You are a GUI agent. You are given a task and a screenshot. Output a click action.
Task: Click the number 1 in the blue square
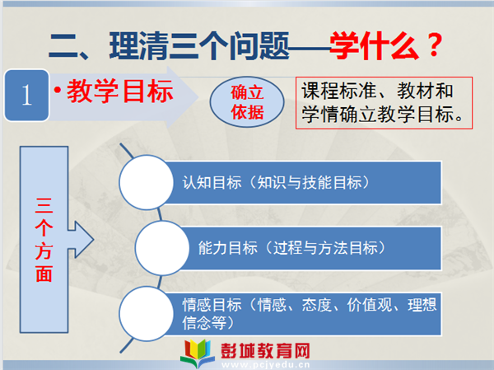(x=27, y=95)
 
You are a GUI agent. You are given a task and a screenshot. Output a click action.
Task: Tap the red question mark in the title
(x=434, y=45)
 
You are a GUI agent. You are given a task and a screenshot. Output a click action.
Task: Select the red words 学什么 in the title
(x=375, y=45)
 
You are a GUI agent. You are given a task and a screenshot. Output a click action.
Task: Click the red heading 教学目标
(x=120, y=91)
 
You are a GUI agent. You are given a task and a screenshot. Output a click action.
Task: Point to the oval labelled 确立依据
(x=247, y=101)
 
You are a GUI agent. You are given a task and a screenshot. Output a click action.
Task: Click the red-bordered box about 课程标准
(x=384, y=103)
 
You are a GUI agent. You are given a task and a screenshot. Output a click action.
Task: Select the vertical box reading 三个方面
(x=44, y=240)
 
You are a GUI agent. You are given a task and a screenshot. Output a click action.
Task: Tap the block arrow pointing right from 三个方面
(x=81, y=240)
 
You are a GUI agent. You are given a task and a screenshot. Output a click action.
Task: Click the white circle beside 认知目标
(x=147, y=182)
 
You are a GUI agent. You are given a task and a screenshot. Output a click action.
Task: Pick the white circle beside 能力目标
(x=162, y=248)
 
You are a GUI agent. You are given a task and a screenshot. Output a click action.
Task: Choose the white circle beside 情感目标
(x=147, y=313)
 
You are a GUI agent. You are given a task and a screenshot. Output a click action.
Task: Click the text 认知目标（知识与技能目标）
(x=276, y=183)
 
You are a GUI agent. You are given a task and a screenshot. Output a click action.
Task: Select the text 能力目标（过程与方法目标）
(x=291, y=248)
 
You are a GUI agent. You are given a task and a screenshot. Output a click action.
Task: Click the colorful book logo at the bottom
(x=198, y=353)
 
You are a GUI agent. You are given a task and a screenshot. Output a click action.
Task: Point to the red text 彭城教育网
(x=265, y=351)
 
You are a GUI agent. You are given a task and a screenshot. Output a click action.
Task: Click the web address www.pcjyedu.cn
(x=265, y=365)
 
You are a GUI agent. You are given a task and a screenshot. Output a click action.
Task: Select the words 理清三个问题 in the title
(x=199, y=46)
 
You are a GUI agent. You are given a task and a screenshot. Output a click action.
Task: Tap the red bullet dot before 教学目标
(x=58, y=91)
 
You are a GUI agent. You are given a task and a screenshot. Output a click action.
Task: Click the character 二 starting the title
(x=63, y=46)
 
